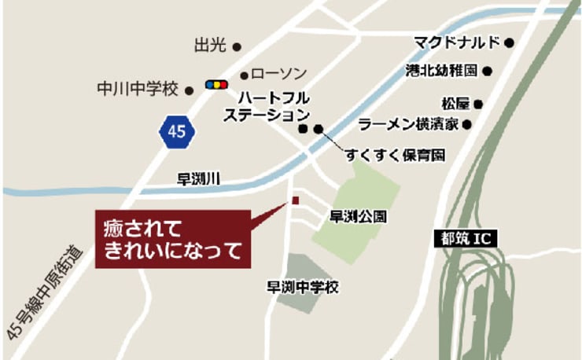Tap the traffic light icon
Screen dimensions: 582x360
tap(215, 84)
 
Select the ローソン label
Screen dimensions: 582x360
tap(279, 73)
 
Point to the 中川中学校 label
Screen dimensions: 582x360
tap(138, 89)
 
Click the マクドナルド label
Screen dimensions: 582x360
tap(457, 41)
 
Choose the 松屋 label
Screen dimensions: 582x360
tap(455, 103)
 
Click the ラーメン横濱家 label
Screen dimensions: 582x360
tap(408, 123)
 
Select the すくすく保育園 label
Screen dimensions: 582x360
tap(394, 156)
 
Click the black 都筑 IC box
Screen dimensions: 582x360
tap(465, 236)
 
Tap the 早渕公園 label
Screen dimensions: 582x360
tap(357, 216)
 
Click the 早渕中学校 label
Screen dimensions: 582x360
tap(303, 288)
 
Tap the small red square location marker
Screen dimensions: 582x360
tap(295, 200)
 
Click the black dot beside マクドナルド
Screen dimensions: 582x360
tap(509, 42)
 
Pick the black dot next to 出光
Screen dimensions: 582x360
tap(237, 46)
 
